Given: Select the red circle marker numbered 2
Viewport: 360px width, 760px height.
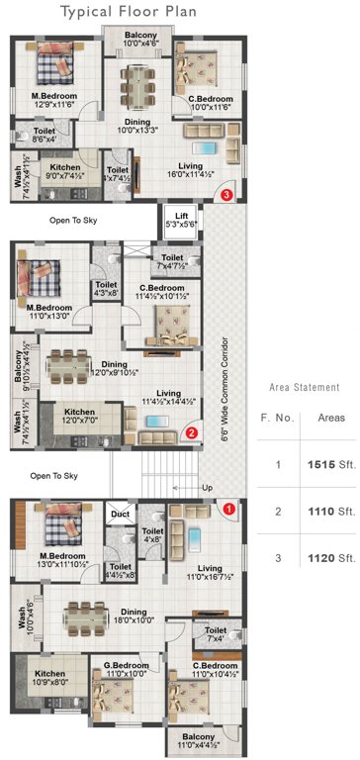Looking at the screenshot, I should (x=193, y=431).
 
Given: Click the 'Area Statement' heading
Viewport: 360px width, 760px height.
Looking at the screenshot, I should (x=305, y=387).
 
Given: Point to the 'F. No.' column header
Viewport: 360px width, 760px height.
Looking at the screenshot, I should (x=278, y=418).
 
